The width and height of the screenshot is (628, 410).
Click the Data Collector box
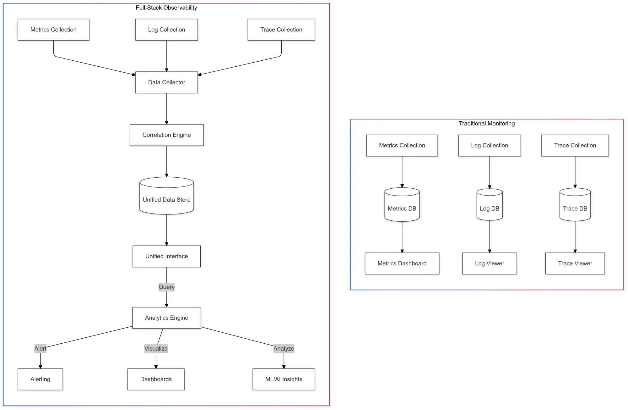click(x=166, y=82)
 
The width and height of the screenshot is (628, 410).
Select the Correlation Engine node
click(x=166, y=135)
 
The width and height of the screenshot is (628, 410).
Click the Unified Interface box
click(x=166, y=256)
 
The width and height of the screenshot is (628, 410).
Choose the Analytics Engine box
click(x=166, y=318)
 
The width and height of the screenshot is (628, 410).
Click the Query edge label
click(x=166, y=287)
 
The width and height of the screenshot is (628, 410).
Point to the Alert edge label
click(x=40, y=348)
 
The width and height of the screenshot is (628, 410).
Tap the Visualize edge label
click(x=156, y=348)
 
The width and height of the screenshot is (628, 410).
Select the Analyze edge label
click(x=284, y=348)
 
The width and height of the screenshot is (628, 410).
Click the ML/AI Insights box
click(x=284, y=379)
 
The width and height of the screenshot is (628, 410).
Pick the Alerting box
click(x=40, y=379)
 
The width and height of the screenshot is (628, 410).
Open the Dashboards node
click(x=156, y=379)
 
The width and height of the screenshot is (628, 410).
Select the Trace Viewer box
click(x=575, y=263)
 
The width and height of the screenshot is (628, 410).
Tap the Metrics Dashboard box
click(x=402, y=263)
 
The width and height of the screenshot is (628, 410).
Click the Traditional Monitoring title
click(x=486, y=124)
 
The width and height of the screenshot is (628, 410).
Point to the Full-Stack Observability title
click(x=166, y=8)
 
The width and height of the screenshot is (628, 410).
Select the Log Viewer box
click(x=489, y=263)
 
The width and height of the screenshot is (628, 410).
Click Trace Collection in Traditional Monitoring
click(x=575, y=146)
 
